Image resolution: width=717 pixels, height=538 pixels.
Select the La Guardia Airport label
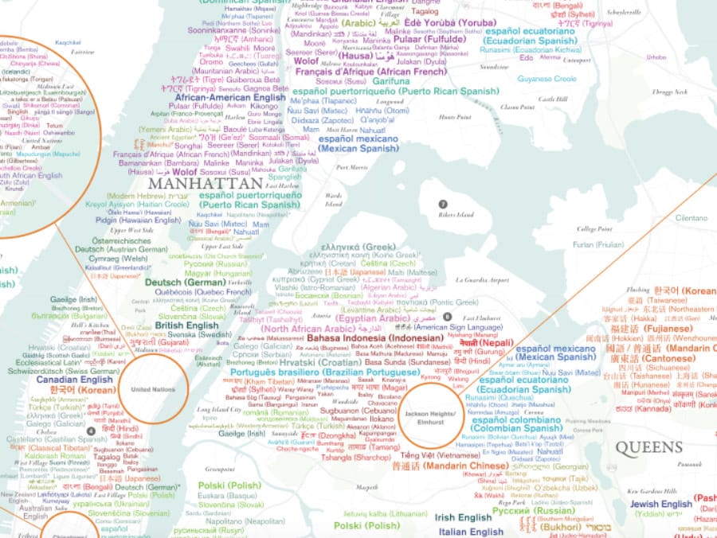[482, 280]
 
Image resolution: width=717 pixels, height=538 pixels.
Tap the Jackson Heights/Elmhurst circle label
[430, 419]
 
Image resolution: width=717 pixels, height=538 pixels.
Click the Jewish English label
[660, 504]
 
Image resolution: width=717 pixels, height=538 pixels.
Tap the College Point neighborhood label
[594, 228]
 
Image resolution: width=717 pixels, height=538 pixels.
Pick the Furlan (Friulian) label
[598, 244]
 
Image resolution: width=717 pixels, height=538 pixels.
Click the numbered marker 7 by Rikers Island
[443, 205]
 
